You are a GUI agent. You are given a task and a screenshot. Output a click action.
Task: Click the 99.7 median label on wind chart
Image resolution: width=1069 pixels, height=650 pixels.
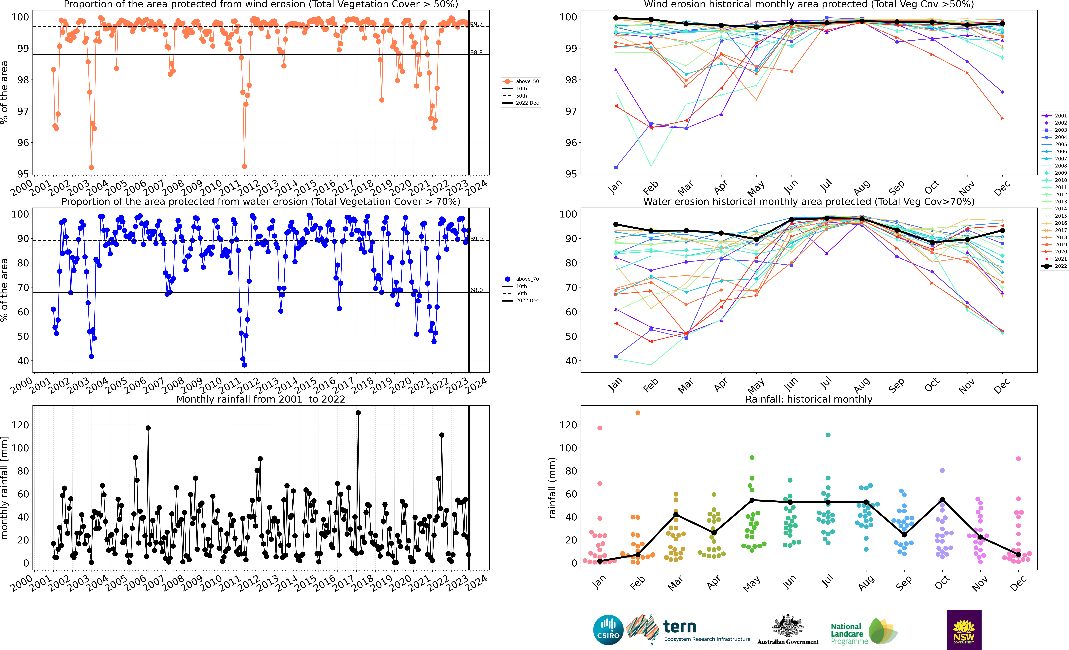coord(476,24)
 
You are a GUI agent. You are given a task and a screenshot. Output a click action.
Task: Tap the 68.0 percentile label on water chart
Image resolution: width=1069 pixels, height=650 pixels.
coord(476,290)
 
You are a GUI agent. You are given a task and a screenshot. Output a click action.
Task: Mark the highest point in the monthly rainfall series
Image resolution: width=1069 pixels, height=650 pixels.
coord(358,413)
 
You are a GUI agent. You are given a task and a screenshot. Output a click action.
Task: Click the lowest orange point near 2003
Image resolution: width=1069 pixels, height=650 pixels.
coord(91,167)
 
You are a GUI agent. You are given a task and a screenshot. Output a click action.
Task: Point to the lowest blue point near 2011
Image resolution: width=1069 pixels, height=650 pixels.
coord(244,365)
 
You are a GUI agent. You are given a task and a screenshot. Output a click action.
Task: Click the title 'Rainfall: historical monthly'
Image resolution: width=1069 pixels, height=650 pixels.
coord(809,399)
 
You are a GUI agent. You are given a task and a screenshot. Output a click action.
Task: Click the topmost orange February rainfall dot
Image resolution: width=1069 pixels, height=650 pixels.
coord(638,413)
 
